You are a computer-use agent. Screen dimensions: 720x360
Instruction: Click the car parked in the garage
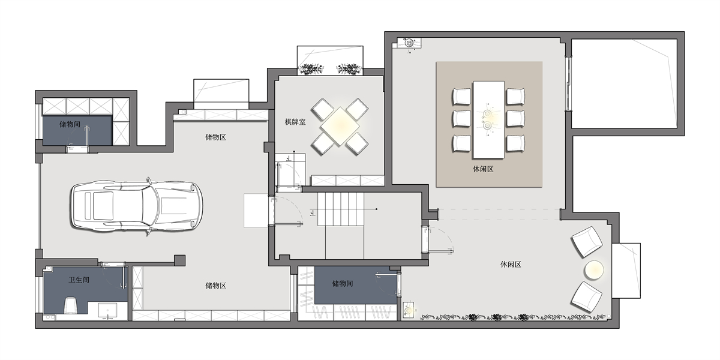(x=137, y=206)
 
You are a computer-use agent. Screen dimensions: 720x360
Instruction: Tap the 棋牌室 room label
(x=295, y=122)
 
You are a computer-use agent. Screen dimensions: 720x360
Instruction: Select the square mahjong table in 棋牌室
(x=340, y=127)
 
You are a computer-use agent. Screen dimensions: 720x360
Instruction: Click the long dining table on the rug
(x=488, y=119)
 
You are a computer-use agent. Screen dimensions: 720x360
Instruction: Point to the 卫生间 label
(x=79, y=280)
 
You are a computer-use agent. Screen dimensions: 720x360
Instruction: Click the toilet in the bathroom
(x=71, y=305)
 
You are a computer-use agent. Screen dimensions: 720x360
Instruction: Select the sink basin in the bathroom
(x=107, y=310)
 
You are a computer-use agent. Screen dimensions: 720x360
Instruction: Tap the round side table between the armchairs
(x=593, y=269)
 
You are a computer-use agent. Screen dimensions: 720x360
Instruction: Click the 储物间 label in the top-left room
(x=70, y=124)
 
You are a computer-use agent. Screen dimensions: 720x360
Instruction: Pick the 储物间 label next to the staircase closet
(x=343, y=283)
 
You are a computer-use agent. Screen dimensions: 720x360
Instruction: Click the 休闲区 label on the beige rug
(x=483, y=169)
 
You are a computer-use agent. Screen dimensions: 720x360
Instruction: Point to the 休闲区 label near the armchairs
(x=511, y=265)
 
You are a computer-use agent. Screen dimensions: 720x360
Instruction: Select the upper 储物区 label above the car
(x=215, y=137)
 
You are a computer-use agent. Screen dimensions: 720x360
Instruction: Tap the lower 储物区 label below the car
(x=215, y=286)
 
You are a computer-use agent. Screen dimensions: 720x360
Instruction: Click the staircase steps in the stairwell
(x=341, y=209)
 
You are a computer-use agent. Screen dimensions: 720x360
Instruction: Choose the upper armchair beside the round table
(x=587, y=242)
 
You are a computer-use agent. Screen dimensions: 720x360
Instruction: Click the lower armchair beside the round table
(x=586, y=297)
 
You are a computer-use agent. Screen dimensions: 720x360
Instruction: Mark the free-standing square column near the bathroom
(x=179, y=260)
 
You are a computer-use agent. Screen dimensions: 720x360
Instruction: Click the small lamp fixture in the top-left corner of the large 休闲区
(x=409, y=43)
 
